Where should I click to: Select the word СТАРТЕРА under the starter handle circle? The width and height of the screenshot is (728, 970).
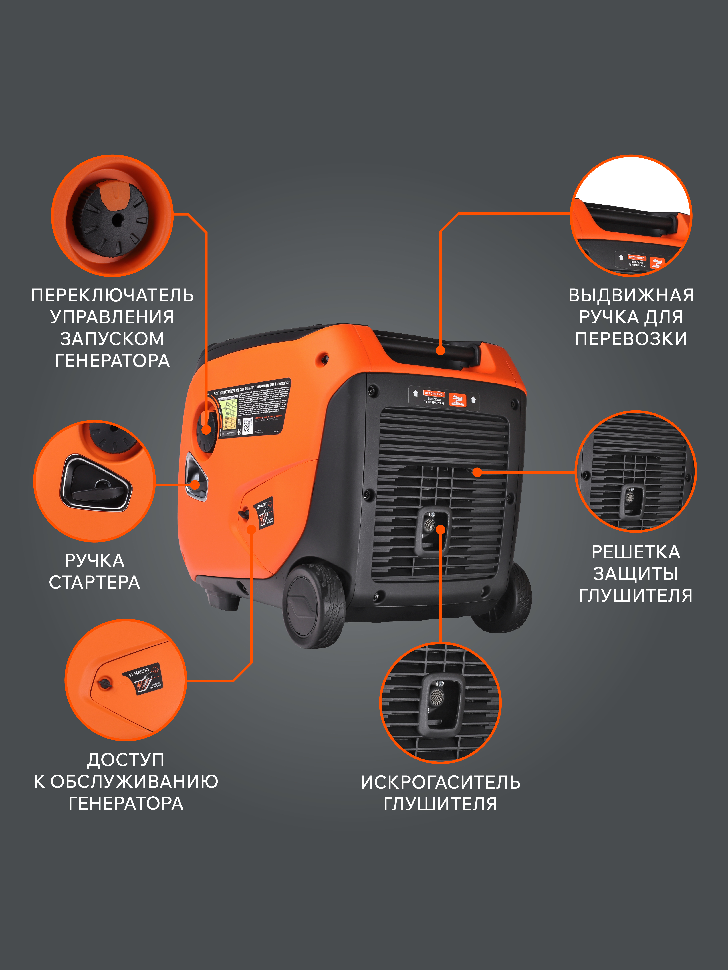coord(94,582)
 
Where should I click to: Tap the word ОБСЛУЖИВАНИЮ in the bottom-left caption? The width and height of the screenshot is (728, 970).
coord(134,781)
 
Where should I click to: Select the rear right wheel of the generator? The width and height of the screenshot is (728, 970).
coord(511,599)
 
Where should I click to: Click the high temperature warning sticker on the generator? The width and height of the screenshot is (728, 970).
coord(443,397)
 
